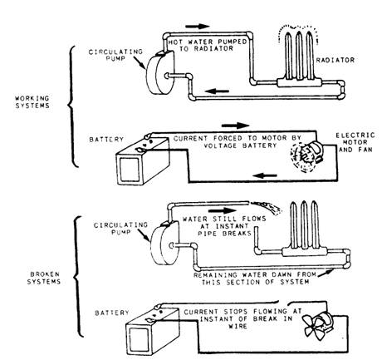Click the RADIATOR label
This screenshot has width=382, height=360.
click(335, 60)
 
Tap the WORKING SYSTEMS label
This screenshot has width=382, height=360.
click(32, 101)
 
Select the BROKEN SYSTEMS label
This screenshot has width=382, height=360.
click(44, 278)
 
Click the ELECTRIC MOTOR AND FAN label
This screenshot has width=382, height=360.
click(355, 142)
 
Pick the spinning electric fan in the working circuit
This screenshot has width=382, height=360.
click(306, 155)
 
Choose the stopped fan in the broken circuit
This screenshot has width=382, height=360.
click(318, 326)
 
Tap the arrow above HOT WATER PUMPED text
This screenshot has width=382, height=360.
click(198, 27)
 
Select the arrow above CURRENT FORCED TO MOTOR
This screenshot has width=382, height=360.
click(235, 126)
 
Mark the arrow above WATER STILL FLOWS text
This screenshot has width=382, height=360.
click(223, 210)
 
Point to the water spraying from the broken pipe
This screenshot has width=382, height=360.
click(266, 207)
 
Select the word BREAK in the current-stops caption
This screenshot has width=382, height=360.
click(265, 318)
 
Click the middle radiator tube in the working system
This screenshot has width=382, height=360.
click(299, 56)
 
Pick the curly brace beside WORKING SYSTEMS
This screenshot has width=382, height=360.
click(71, 106)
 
